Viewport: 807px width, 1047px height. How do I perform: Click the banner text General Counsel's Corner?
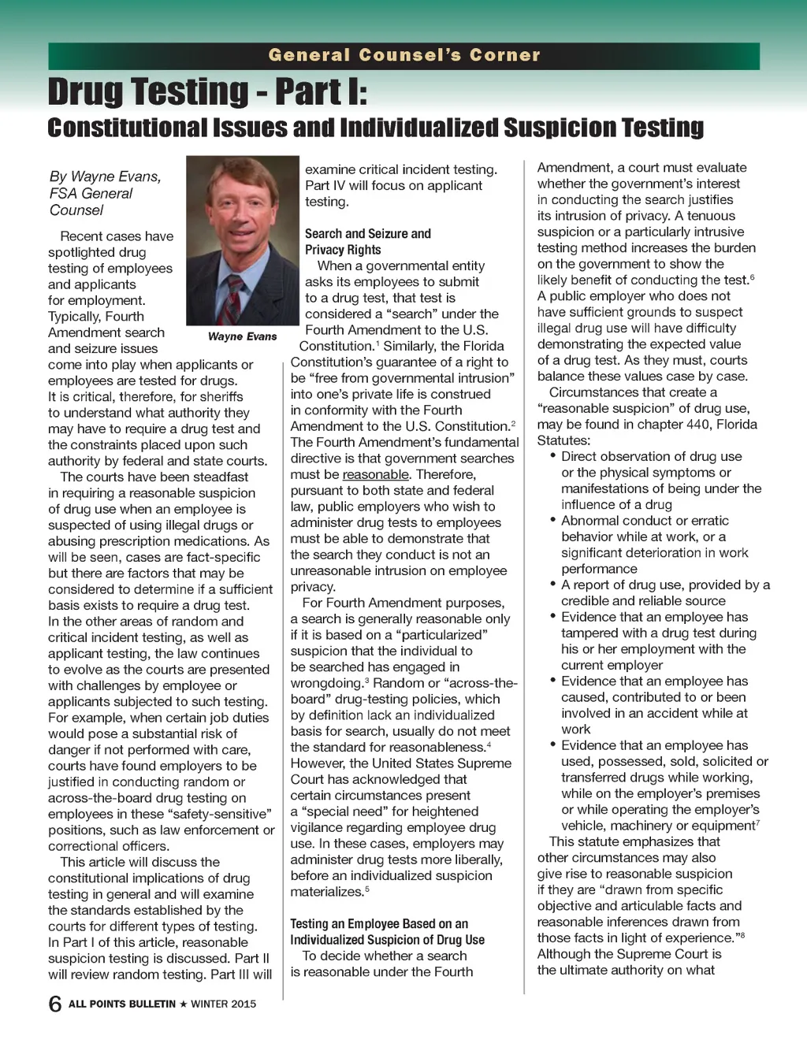click(x=404, y=55)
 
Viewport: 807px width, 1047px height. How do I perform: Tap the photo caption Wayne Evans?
click(x=242, y=336)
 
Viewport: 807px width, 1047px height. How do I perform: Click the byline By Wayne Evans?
click(x=105, y=176)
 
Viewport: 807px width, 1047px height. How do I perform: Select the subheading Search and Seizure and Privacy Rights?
click(x=367, y=241)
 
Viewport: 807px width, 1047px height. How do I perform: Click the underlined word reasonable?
click(x=375, y=474)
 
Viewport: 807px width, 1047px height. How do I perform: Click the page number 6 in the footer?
click(x=55, y=1004)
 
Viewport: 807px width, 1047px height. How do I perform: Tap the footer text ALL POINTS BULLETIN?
click(x=121, y=1004)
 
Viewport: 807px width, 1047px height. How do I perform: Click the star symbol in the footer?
click(x=183, y=1004)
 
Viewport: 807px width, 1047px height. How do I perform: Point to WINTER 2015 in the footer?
click(x=223, y=1004)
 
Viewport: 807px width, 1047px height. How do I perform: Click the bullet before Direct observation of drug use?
click(x=553, y=456)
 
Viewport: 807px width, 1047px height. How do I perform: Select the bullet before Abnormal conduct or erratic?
click(x=553, y=520)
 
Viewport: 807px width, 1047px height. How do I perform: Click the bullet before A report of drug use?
click(x=553, y=585)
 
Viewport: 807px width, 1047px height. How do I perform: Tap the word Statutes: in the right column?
click(x=563, y=440)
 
